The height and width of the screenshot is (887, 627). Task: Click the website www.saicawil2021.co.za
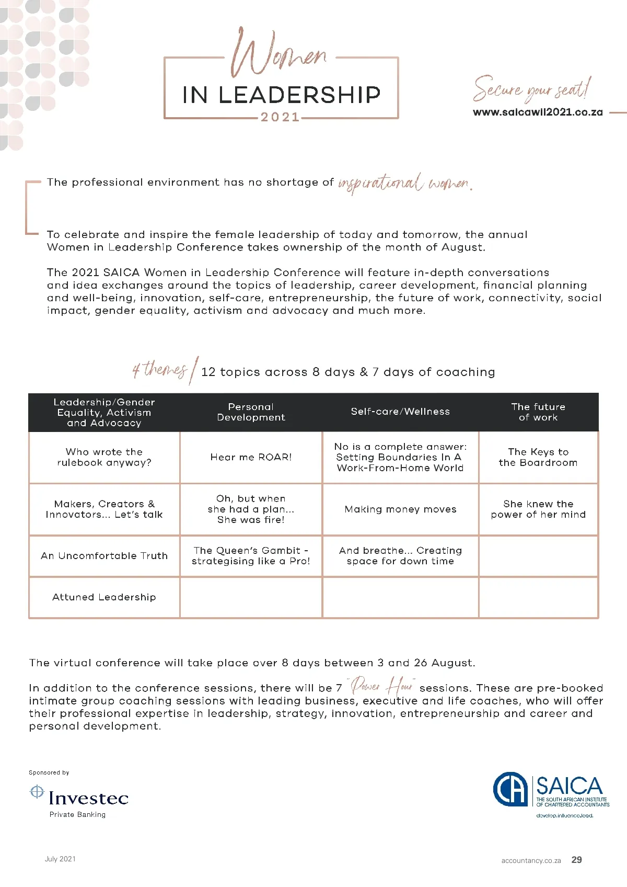point(538,112)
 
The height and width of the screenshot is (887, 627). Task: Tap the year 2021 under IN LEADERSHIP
point(280,117)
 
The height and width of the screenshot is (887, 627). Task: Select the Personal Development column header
point(251,412)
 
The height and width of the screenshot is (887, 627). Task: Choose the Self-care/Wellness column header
point(400,412)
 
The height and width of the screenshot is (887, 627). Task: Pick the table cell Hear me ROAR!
point(251,457)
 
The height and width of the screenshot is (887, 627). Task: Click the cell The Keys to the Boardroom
point(538,457)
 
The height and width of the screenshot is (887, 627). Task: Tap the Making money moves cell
point(400,509)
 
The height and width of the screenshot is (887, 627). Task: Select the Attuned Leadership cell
point(104,597)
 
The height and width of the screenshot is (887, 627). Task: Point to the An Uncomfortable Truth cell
point(104,556)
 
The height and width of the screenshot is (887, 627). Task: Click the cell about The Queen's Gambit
point(251,556)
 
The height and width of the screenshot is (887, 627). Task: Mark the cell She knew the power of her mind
point(538,509)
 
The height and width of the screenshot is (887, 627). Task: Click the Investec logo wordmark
point(88,798)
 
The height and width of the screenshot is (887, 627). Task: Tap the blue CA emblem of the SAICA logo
point(510,790)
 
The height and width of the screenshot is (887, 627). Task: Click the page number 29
point(576,860)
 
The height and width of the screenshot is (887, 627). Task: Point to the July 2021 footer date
point(60,859)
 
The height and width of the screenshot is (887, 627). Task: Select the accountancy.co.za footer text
point(531,860)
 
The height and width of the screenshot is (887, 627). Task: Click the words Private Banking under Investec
point(77,814)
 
